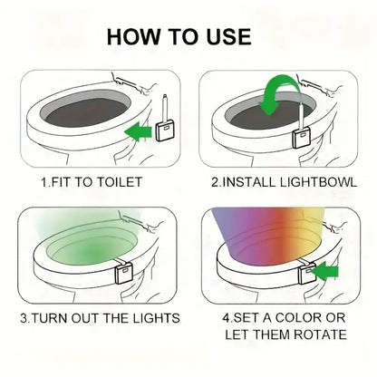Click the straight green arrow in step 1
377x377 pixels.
point(138,132)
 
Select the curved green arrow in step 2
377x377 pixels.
point(279,92)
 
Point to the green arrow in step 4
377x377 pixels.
point(324,272)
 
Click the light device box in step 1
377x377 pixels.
point(165,130)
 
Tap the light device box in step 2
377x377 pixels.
point(302,137)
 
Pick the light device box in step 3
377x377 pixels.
point(124,273)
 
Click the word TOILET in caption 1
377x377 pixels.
point(120,182)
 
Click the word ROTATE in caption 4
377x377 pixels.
point(320,334)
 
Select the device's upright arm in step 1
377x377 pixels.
point(165,108)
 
